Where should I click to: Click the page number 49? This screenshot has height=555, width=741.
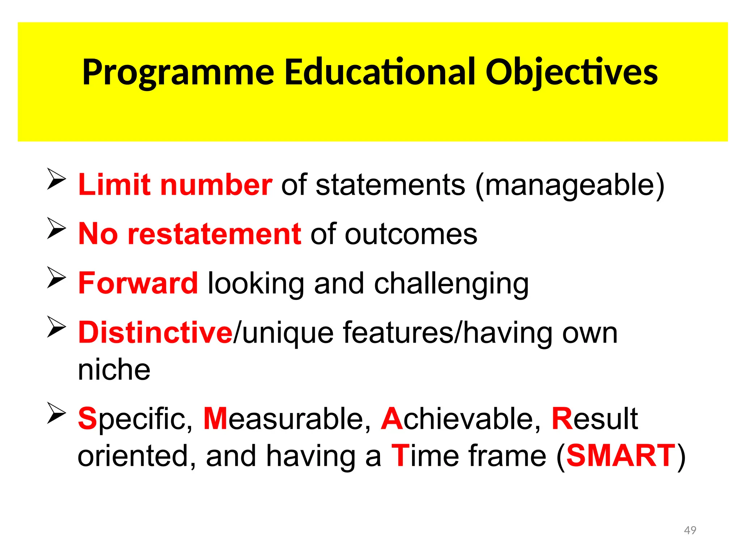click(x=690, y=530)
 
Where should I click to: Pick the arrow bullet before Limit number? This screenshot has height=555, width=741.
click(x=56, y=179)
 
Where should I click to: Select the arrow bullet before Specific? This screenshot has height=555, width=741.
click(x=56, y=413)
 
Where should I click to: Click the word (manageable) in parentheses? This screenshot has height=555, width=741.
click(x=570, y=185)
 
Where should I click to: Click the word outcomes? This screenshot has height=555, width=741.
click(x=411, y=234)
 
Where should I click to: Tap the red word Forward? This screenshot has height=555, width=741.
click(x=138, y=283)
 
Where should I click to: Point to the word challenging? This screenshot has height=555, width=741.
click(x=451, y=284)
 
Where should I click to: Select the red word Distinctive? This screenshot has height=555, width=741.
click(x=155, y=332)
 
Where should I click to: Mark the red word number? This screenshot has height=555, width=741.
click(x=216, y=185)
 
